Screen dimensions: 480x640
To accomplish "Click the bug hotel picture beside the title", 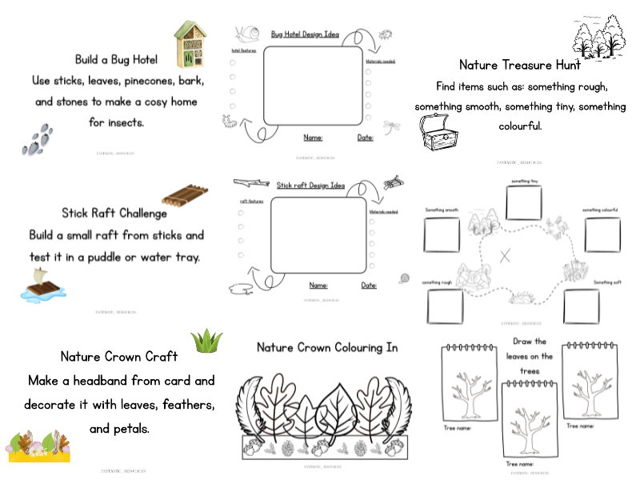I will point(190,45).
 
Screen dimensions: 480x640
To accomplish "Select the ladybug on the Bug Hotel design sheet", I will point(386,35).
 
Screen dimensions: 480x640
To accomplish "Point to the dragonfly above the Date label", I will point(391,125).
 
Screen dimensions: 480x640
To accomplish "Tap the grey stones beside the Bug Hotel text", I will point(38,139).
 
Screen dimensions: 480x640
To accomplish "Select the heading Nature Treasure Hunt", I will point(520,65).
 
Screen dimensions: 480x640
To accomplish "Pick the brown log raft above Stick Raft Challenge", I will point(185,194).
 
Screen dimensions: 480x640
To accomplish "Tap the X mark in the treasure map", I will point(505,257).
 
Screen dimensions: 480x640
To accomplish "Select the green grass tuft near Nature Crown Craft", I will point(206,342).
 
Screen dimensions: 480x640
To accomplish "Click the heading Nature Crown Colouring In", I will point(326,347).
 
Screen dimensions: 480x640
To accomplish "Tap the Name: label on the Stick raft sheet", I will point(318,285).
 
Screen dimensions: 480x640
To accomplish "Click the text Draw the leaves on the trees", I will point(530,356).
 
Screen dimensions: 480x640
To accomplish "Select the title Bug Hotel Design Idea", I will point(305,34).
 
